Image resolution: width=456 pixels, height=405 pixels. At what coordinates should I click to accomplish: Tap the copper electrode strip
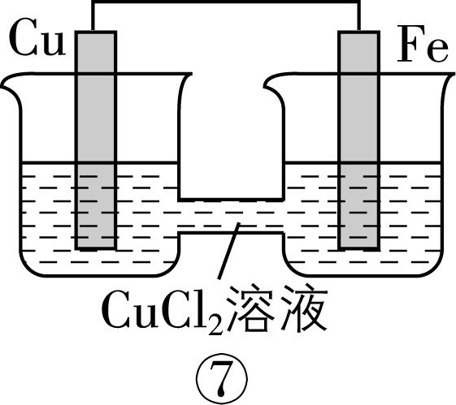point(95,138)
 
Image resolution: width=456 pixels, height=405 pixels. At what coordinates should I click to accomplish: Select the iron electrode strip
point(359,138)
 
